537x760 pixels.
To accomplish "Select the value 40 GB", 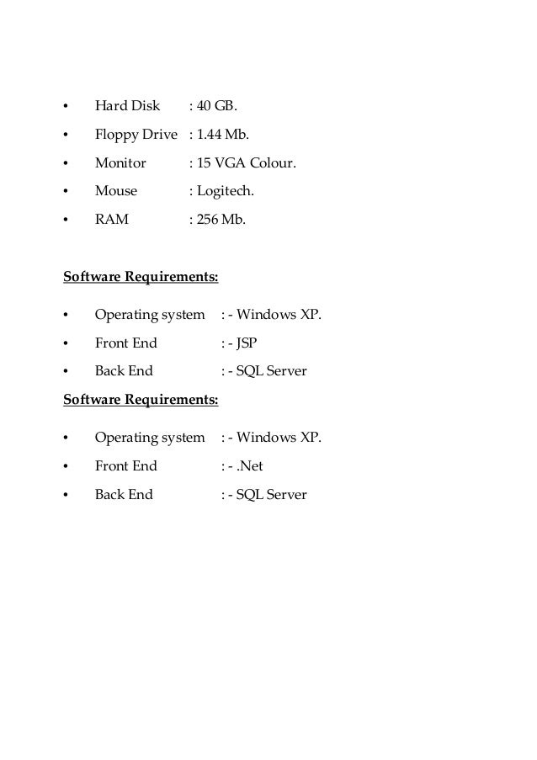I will click(x=217, y=106).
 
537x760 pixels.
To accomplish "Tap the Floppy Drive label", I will click(x=136, y=135).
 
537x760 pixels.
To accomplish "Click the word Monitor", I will click(x=120, y=163).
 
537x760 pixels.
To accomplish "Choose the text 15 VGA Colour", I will click(x=246, y=163).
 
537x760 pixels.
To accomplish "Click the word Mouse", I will click(x=116, y=191).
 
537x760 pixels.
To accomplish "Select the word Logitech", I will click(x=225, y=191).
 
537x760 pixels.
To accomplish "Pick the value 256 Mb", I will click(x=221, y=220).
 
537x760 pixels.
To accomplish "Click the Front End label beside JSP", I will click(x=125, y=343).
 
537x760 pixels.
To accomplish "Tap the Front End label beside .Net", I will click(x=125, y=466).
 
